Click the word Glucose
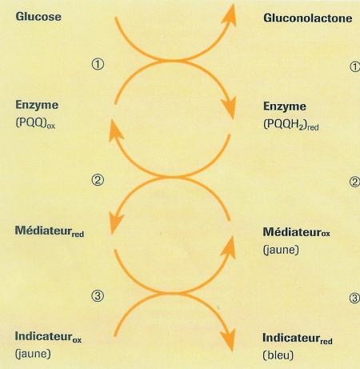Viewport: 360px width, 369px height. click(x=38, y=17)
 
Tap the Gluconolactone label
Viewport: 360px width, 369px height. click(x=308, y=18)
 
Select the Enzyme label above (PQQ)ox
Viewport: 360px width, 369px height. click(x=37, y=105)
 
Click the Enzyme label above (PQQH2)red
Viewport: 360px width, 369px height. click(x=285, y=106)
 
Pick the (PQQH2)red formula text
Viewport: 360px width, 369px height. click(x=291, y=124)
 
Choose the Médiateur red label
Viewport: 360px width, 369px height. click(x=50, y=231)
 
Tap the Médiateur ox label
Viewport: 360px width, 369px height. click(x=296, y=232)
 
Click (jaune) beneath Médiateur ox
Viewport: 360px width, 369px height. click(x=281, y=250)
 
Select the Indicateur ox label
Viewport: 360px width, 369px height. click(x=48, y=337)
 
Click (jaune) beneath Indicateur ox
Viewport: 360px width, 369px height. click(x=33, y=354)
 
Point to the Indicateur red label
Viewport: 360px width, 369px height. click(x=298, y=339)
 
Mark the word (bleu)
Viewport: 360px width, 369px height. click(x=278, y=355)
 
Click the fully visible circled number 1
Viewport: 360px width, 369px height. click(x=98, y=64)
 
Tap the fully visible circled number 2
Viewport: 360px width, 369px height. click(x=98, y=180)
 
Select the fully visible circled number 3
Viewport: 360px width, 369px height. click(x=98, y=295)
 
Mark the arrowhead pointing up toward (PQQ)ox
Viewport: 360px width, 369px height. click(x=116, y=130)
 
